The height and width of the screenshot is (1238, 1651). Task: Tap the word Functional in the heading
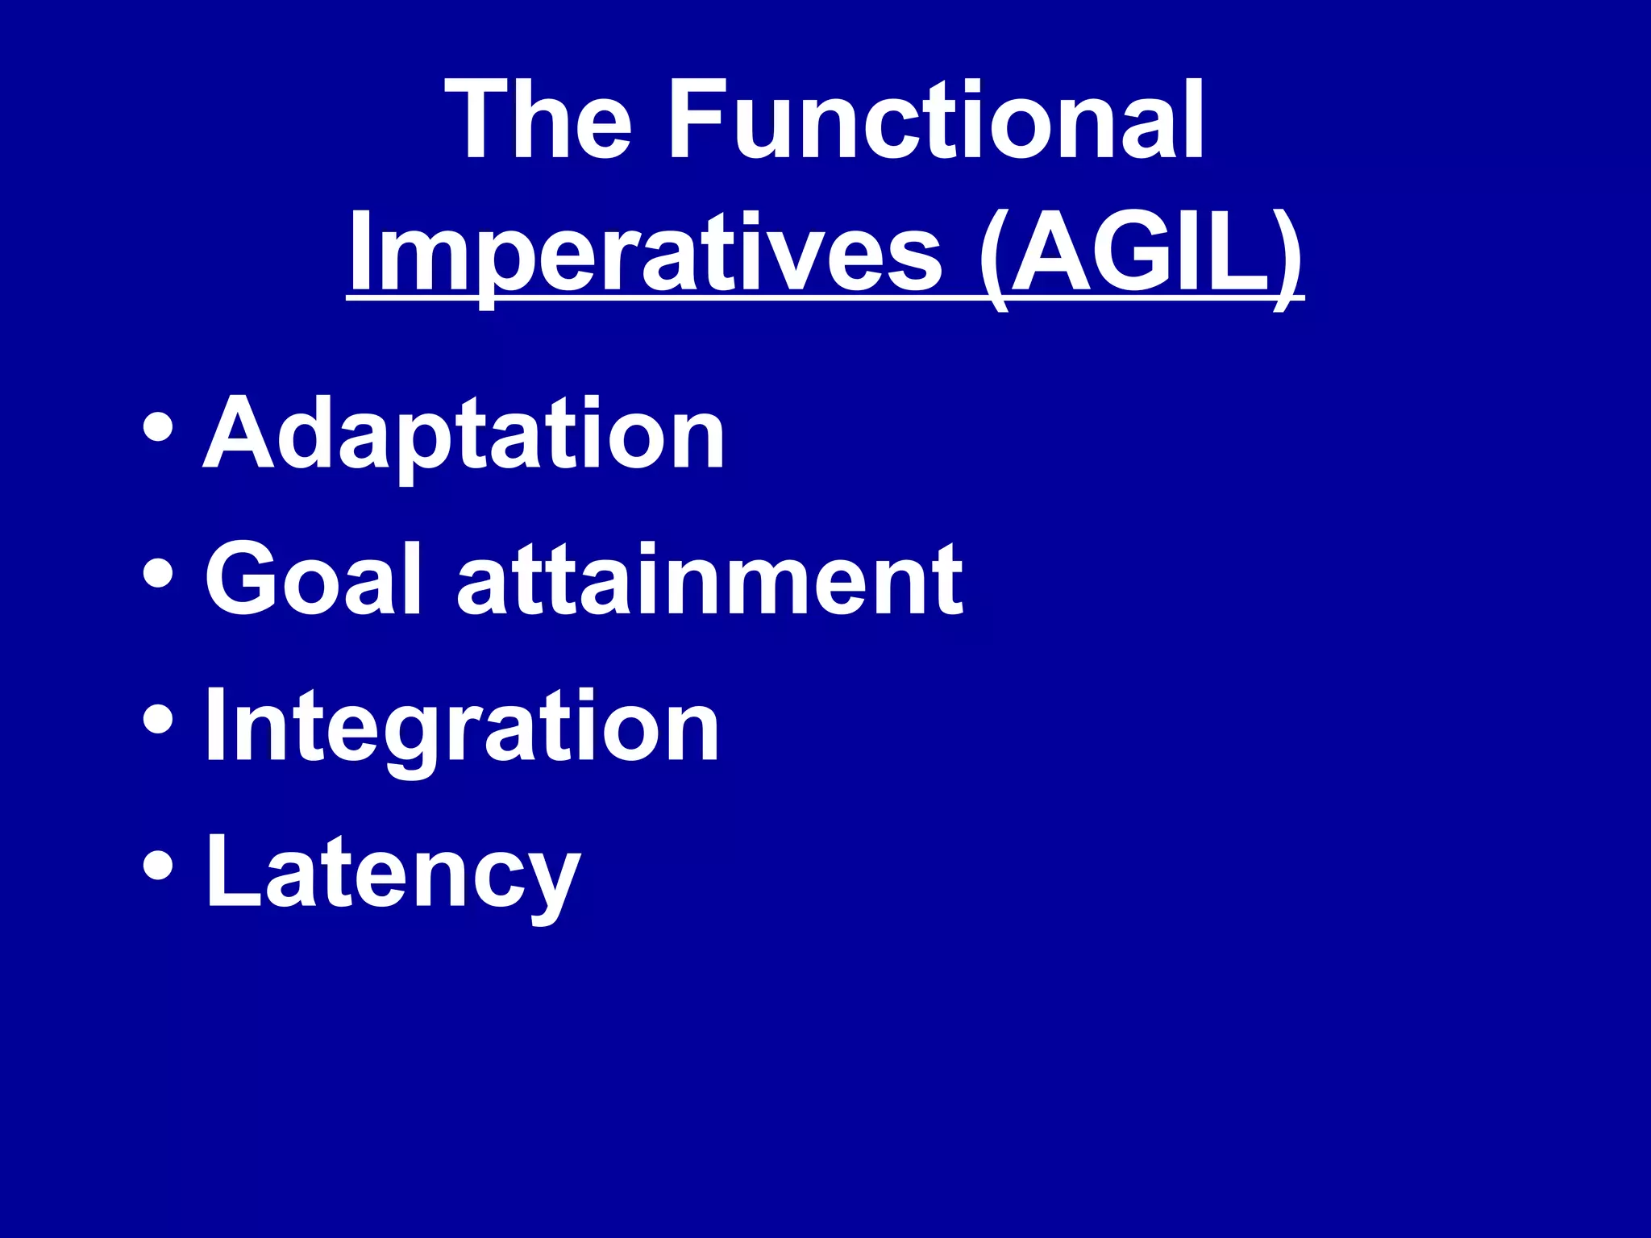[x=935, y=121]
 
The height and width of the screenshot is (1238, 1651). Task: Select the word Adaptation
[x=464, y=435]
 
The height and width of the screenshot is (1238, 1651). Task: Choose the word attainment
[x=709, y=580]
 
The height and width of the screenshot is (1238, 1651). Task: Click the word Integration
[x=461, y=725]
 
